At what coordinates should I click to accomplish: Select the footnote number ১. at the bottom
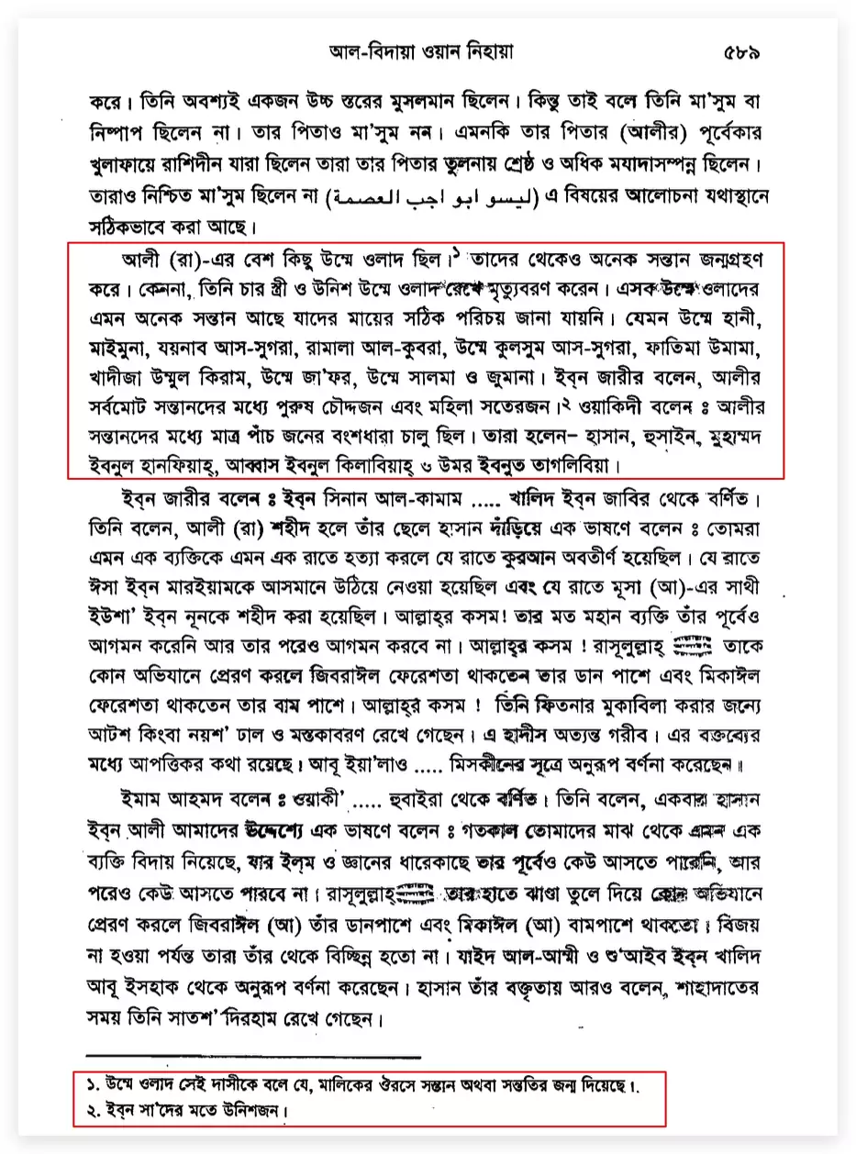click(x=93, y=1086)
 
